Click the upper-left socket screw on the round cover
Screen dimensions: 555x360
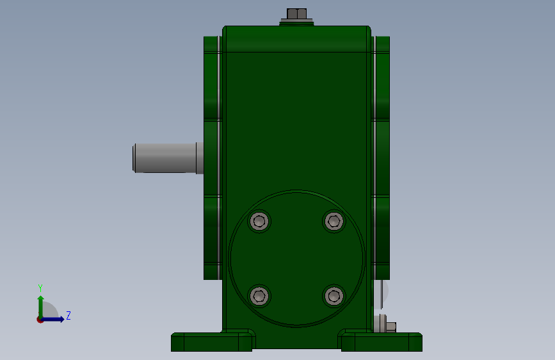(x=259, y=221)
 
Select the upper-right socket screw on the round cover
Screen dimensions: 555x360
(x=334, y=221)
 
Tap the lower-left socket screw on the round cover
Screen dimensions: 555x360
(x=259, y=296)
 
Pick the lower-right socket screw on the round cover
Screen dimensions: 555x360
(x=334, y=296)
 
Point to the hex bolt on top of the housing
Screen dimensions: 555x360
(x=296, y=14)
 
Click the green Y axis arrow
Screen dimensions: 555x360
(x=41, y=307)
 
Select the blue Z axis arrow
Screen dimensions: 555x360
(x=52, y=319)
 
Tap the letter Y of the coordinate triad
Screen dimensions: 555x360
(x=40, y=288)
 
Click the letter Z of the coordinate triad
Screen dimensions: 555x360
(x=68, y=315)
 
